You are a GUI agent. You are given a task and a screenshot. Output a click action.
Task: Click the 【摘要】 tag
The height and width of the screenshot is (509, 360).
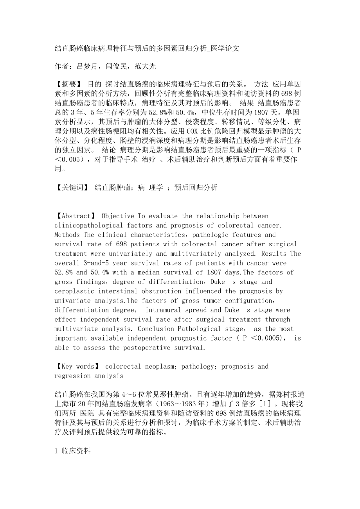68,84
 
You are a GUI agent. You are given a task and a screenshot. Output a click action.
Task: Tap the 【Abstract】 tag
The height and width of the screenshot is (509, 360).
76,216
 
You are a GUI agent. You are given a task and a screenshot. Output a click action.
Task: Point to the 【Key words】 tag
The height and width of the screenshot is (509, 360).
77,367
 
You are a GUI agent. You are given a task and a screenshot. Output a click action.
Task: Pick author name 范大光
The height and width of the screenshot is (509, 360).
145,66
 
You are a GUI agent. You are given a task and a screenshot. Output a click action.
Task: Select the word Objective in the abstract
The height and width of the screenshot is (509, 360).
118,216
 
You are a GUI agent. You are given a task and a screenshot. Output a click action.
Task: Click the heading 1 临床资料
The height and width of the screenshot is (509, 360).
73,451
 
